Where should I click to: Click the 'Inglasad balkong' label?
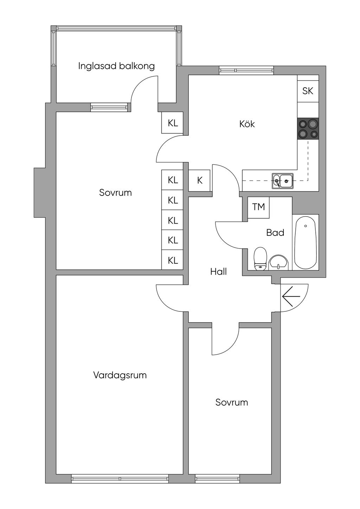click(x=116, y=66)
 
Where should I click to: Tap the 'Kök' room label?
click(x=247, y=124)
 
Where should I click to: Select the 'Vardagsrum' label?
click(x=120, y=375)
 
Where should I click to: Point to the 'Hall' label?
click(x=218, y=271)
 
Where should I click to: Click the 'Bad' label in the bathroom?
click(x=275, y=233)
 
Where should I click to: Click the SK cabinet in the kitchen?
click(x=308, y=91)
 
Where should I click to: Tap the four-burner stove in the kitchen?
click(x=308, y=128)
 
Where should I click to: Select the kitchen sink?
click(x=282, y=181)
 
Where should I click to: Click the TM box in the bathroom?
click(x=258, y=207)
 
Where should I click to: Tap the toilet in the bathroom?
click(x=260, y=258)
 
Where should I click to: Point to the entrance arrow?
click(x=291, y=296)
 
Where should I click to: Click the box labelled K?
click(x=200, y=180)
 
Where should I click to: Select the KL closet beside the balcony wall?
click(x=173, y=123)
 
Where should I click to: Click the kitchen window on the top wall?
click(x=246, y=70)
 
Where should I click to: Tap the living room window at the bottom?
click(x=120, y=478)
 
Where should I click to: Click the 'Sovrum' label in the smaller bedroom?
click(x=232, y=402)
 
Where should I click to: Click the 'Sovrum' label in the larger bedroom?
click(x=115, y=193)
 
